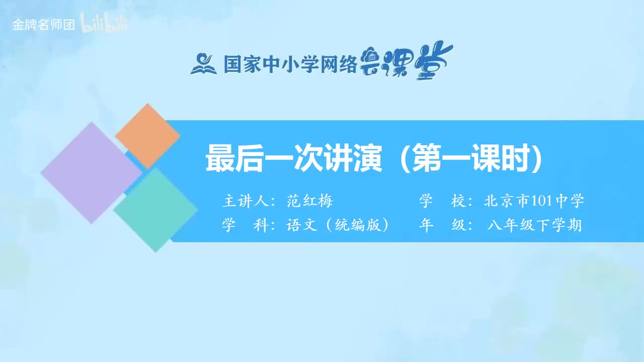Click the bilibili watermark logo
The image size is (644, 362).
tap(104, 25)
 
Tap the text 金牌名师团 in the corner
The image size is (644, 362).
tap(43, 25)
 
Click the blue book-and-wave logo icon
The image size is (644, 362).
tap(204, 63)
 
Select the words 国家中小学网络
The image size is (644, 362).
tap(290, 64)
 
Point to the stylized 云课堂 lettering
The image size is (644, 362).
tap(407, 62)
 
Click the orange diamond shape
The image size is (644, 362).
tap(147, 136)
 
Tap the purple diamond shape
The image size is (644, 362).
tap(92, 172)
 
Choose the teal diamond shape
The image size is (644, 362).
tap(155, 210)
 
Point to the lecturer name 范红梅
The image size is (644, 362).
tap(310, 202)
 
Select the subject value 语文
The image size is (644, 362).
tap(302, 225)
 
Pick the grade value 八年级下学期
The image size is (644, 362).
tap(534, 225)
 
